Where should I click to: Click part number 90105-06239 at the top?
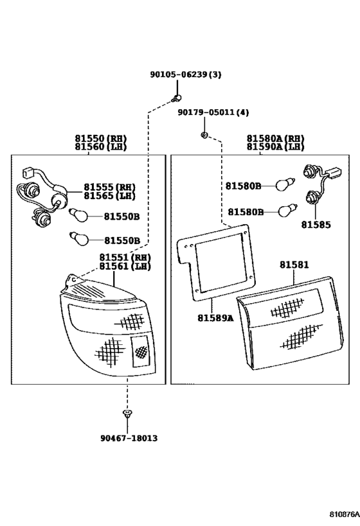click(178, 75)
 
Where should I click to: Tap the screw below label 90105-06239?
click(177, 98)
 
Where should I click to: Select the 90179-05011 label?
click(206, 112)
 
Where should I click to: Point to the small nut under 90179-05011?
click(204, 135)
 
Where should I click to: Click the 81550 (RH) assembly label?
click(101, 139)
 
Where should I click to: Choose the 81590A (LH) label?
click(275, 147)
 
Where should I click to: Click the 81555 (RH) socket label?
click(109, 188)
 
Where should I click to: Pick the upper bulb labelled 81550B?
click(78, 215)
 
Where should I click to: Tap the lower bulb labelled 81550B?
click(78, 238)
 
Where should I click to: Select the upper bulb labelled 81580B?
click(285, 184)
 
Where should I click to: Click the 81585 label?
click(316, 225)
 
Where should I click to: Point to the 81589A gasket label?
click(215, 318)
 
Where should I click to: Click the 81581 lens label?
click(294, 265)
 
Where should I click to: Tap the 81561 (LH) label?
click(125, 267)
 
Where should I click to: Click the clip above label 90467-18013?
click(127, 413)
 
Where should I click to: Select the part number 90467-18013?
click(129, 438)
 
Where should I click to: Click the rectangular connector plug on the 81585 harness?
click(335, 173)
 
